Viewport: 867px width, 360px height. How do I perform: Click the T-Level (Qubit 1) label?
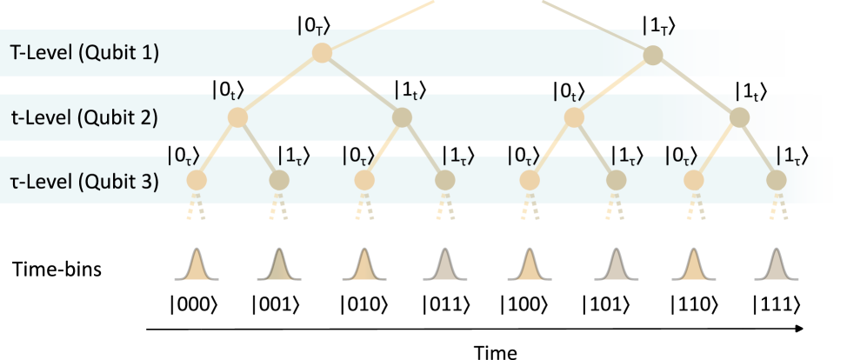(x=84, y=52)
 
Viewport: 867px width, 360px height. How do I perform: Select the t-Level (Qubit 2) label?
(x=84, y=117)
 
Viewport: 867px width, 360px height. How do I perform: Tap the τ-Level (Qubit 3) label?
(x=84, y=182)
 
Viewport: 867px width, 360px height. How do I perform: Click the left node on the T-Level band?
(x=322, y=53)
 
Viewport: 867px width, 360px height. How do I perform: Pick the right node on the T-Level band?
(x=653, y=56)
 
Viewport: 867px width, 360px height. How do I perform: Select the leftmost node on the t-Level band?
(x=237, y=117)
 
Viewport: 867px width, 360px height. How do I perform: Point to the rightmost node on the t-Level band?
(x=739, y=117)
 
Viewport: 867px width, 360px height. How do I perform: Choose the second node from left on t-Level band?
(x=402, y=117)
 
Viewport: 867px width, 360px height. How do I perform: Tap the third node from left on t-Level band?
(x=574, y=117)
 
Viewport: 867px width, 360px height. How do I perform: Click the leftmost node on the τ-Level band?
(x=197, y=180)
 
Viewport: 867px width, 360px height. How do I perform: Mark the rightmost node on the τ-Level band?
(x=777, y=180)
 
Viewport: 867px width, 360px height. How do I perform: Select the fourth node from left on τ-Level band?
(x=445, y=180)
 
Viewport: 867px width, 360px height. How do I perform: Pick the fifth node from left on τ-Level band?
(x=530, y=180)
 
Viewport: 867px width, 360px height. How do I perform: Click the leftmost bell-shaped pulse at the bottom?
(x=197, y=266)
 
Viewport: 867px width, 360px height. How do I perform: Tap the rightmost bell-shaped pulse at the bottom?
(x=777, y=266)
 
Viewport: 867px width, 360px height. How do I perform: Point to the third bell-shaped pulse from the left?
(x=364, y=266)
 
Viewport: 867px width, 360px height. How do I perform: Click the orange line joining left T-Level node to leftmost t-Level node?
(x=279, y=85)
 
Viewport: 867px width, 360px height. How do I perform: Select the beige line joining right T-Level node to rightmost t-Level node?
(x=697, y=87)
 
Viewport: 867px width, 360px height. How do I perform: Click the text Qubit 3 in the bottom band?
(x=128, y=182)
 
